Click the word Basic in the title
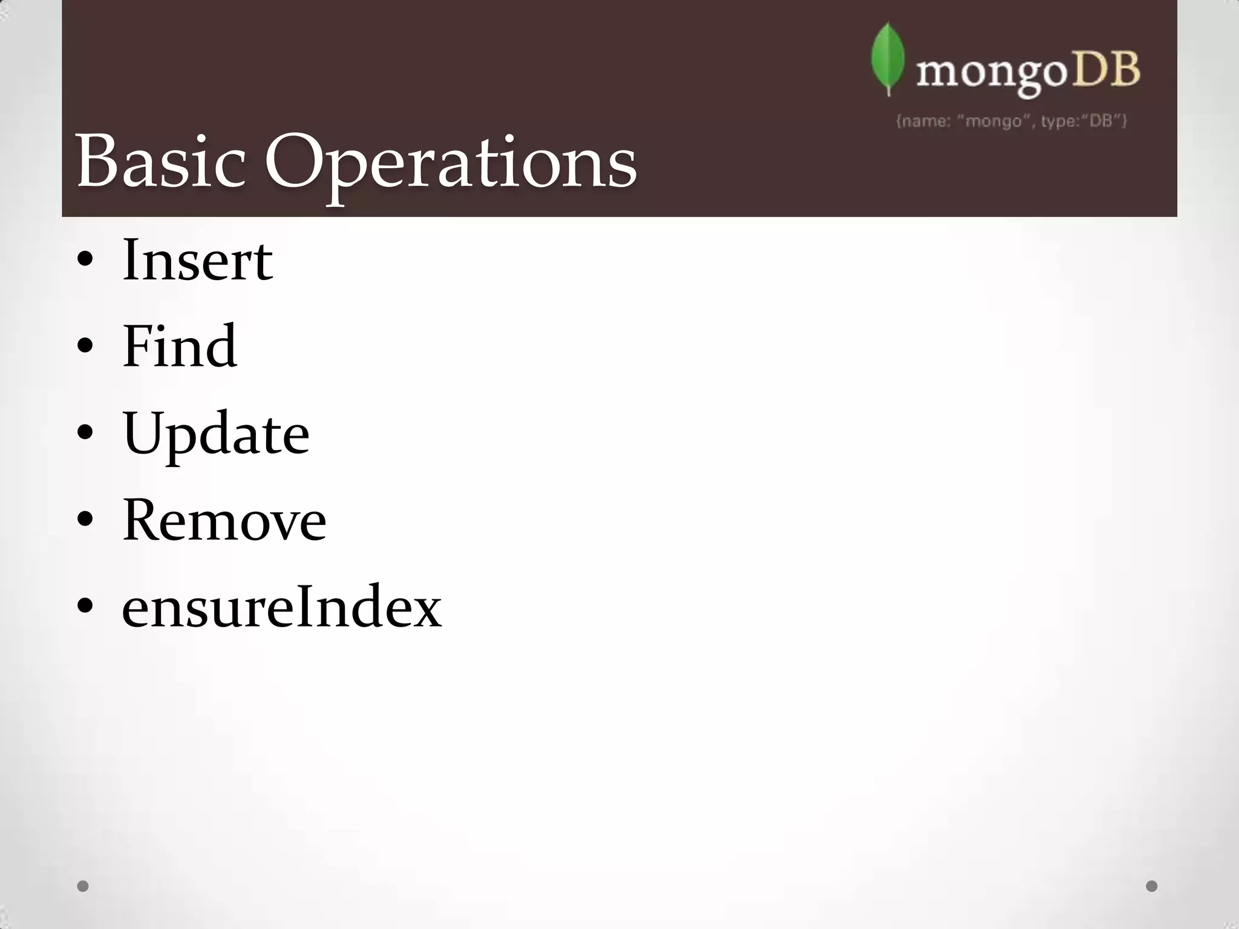[x=160, y=162]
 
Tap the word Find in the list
[x=179, y=346]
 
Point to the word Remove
[x=224, y=520]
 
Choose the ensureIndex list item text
[x=282, y=607]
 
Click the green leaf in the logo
[x=888, y=59]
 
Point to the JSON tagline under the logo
[x=1011, y=121]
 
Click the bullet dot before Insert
[x=85, y=261]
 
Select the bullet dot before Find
[x=85, y=347]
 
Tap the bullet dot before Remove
[x=85, y=520]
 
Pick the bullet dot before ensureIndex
[x=85, y=606]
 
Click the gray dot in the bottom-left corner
[x=83, y=886]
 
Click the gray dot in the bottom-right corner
[x=1152, y=886]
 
